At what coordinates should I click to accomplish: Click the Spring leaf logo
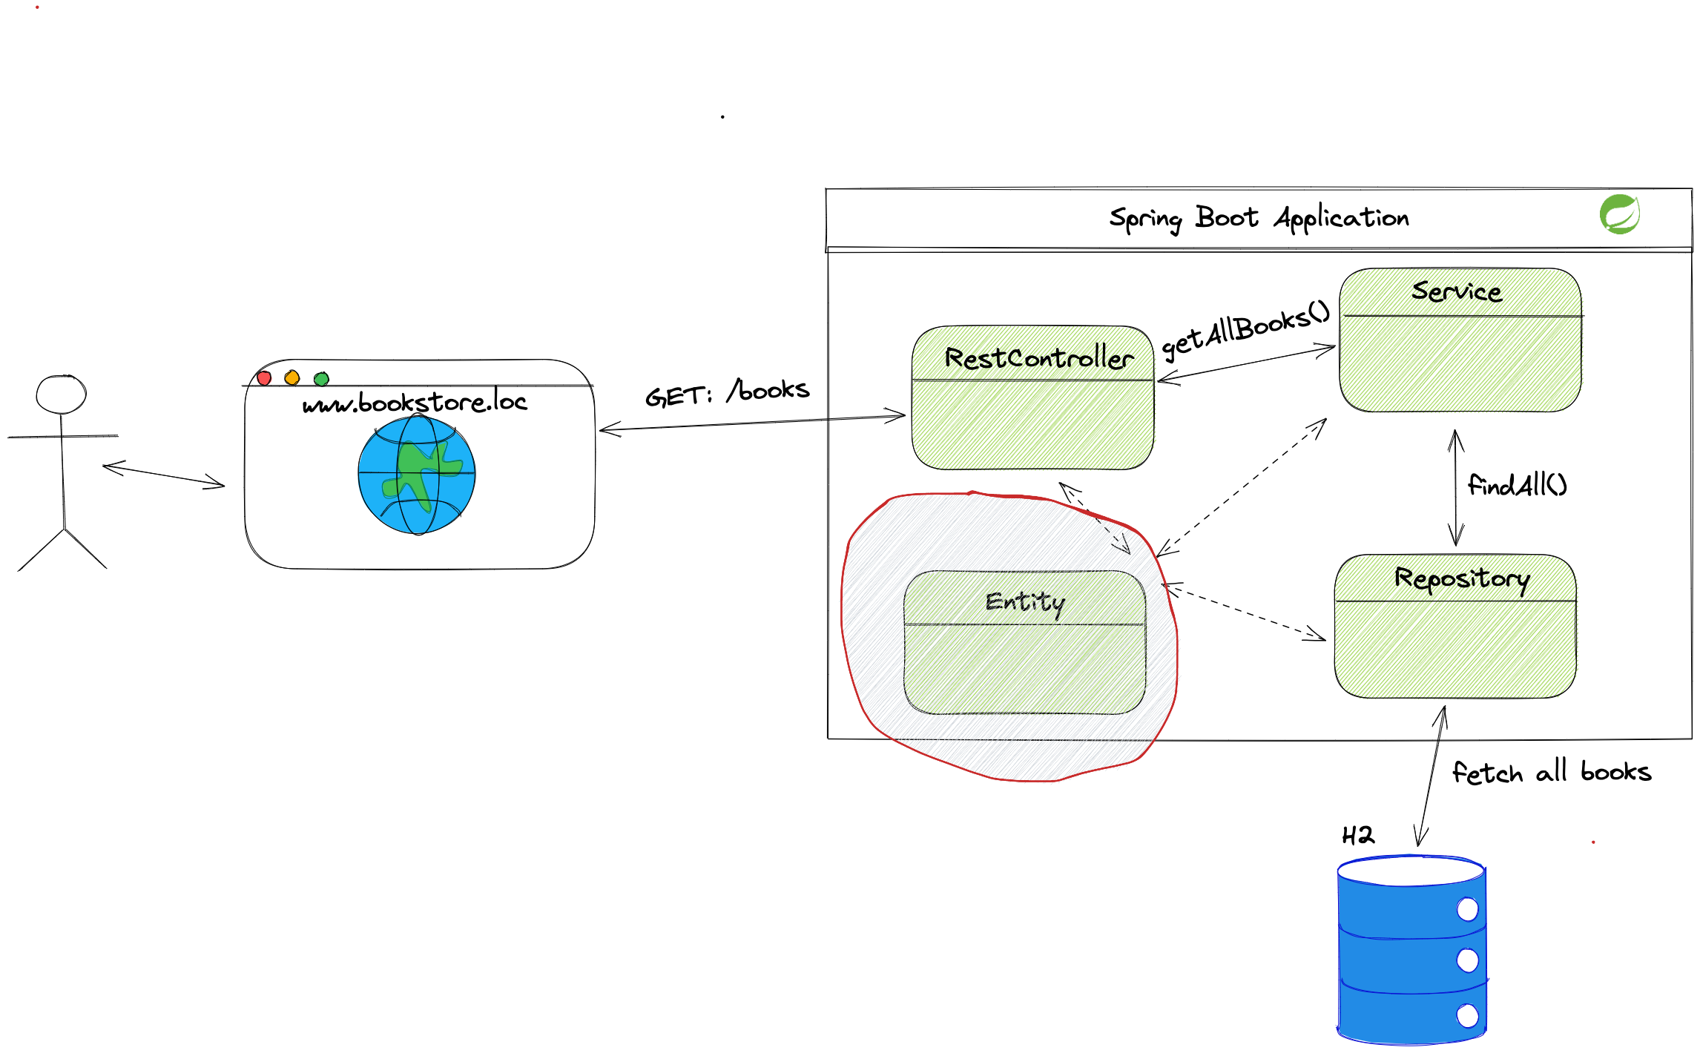pyautogui.click(x=1619, y=214)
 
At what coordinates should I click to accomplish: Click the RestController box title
pyautogui.click(x=1038, y=358)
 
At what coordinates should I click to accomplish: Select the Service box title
pyautogui.click(x=1457, y=291)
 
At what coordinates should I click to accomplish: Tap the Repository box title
pyautogui.click(x=1461, y=578)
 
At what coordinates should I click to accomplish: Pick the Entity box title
pyautogui.click(x=1025, y=602)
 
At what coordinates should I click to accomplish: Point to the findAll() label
pyautogui.click(x=1517, y=486)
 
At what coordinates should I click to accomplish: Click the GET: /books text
pyautogui.click(x=727, y=392)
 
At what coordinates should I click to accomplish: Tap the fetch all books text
pyautogui.click(x=1551, y=773)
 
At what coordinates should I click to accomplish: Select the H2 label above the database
pyautogui.click(x=1358, y=836)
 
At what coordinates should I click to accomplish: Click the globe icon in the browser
pyautogui.click(x=416, y=475)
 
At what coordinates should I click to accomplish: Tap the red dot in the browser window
pyautogui.click(x=264, y=378)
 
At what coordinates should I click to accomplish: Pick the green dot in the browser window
pyautogui.click(x=321, y=379)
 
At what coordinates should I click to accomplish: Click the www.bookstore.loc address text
pyautogui.click(x=415, y=403)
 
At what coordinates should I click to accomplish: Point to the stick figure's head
pyautogui.click(x=62, y=395)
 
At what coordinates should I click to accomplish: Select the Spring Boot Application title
pyautogui.click(x=1259, y=218)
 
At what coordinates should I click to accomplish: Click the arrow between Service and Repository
pyautogui.click(x=1456, y=488)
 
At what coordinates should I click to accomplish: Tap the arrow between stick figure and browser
pyautogui.click(x=163, y=476)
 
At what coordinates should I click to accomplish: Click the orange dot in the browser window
pyautogui.click(x=292, y=378)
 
